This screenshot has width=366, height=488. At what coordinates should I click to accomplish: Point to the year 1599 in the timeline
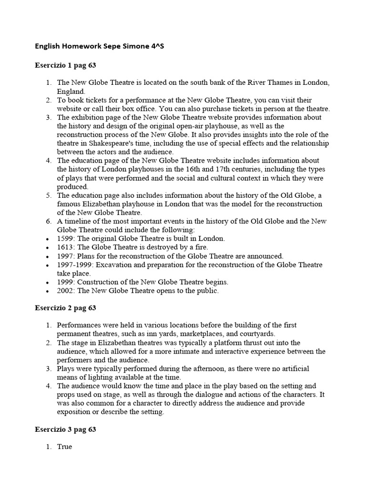65,238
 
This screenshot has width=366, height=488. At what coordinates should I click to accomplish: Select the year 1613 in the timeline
65,247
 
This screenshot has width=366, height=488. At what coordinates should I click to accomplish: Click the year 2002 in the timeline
65,291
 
